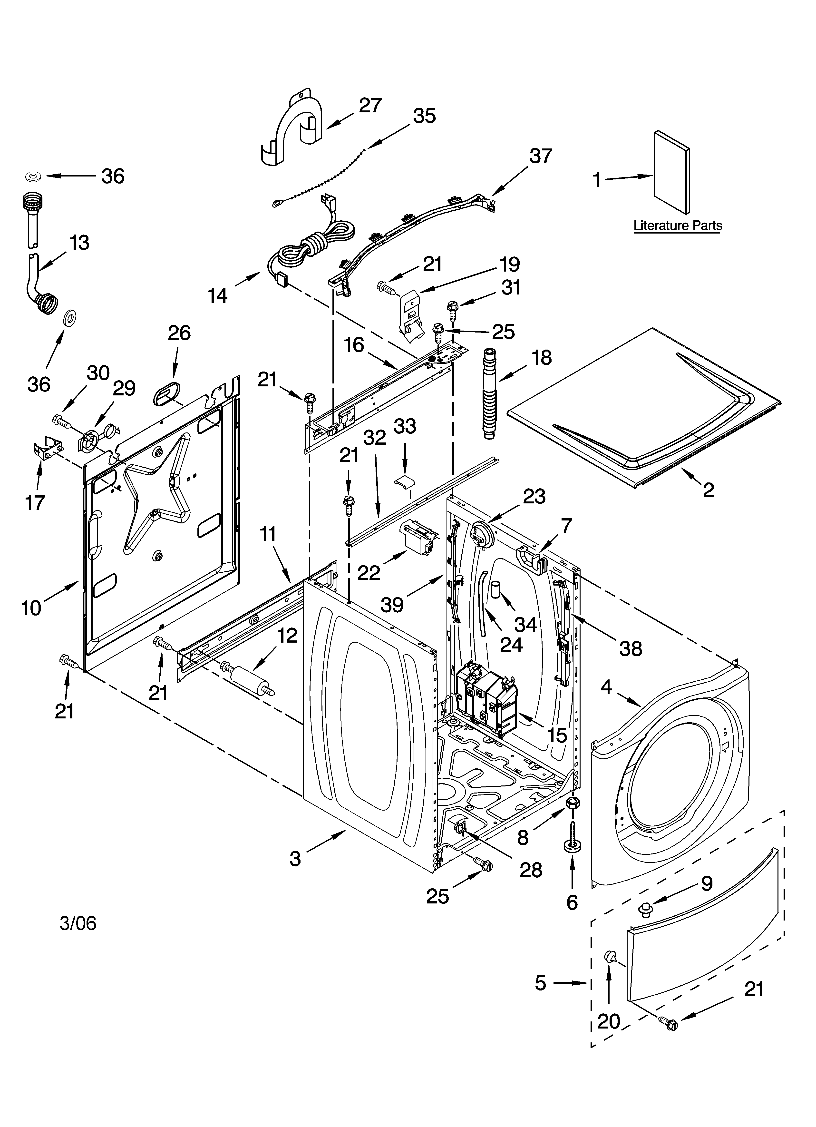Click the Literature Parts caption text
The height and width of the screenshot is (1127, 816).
(677, 225)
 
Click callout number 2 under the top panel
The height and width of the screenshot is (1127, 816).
(708, 490)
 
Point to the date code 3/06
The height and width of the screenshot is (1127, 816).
(78, 923)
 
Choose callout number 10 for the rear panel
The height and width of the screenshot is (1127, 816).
(31, 607)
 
